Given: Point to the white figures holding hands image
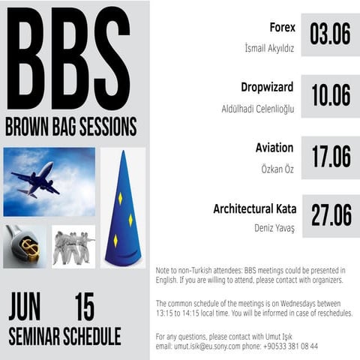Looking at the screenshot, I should [73, 246].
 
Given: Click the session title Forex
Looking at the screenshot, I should [282, 28].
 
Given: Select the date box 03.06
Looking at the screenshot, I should [330, 34].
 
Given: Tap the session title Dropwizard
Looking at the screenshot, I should [267, 86].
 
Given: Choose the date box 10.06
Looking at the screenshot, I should [330, 95].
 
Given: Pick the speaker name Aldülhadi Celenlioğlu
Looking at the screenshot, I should [257, 109].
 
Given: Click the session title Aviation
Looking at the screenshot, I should [274, 148].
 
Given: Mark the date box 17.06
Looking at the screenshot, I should [330, 157].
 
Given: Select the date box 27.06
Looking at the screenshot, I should [330, 216].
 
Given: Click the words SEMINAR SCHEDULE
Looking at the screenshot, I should [64, 336].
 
